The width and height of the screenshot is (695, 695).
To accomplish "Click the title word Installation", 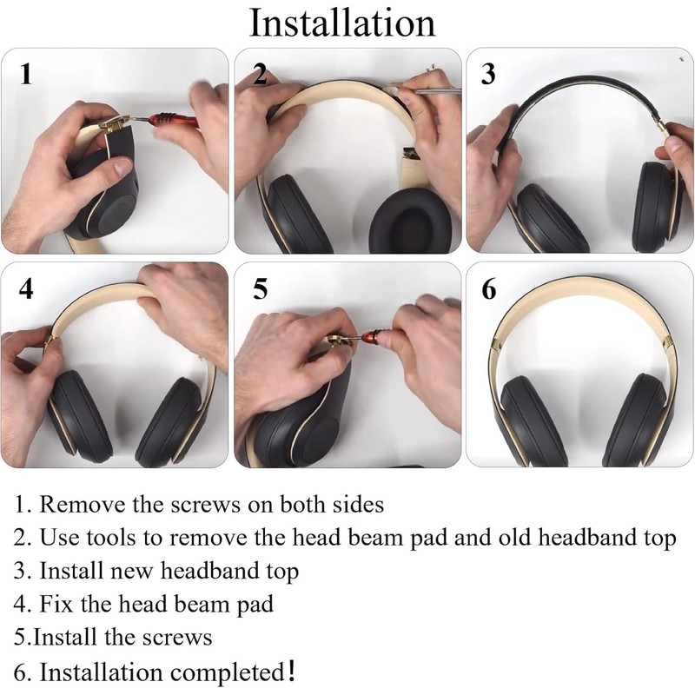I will coord(342,23).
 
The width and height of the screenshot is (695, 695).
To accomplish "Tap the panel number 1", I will coord(26,75).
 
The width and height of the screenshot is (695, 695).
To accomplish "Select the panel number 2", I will coord(260,75).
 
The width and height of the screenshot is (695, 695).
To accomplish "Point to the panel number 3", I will coord(489,75).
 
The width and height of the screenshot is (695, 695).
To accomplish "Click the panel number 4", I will coord(26,288).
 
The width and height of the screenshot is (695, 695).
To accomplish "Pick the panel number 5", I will coord(260,288).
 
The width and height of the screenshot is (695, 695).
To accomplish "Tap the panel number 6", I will coord(489,288).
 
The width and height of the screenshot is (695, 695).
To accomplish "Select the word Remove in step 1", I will coord(82,504).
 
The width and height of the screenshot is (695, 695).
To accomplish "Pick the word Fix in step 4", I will coord(56,604).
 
